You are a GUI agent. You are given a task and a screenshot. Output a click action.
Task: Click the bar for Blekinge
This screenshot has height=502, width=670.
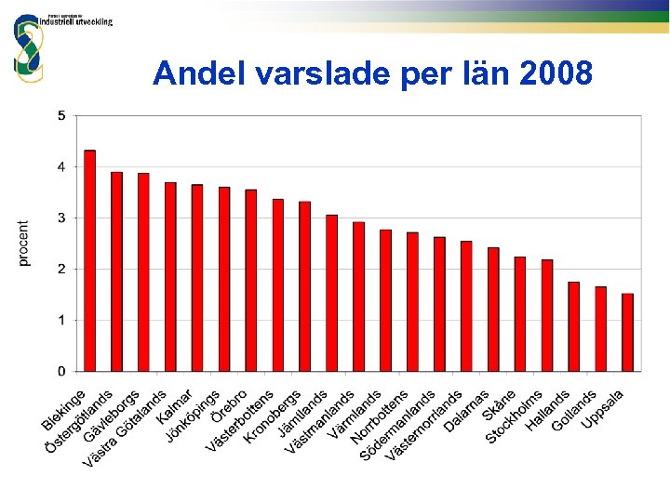tap(90, 261)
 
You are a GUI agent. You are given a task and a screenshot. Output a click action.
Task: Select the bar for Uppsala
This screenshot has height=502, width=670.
tap(628, 333)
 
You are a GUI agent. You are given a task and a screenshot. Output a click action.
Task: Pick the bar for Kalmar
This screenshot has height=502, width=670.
tap(170, 277)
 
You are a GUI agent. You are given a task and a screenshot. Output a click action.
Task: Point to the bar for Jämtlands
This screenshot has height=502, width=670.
tap(305, 286)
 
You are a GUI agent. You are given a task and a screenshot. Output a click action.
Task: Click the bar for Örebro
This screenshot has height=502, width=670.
tap(224, 280)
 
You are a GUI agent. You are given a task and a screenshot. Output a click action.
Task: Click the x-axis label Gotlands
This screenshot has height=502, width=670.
tap(574, 410)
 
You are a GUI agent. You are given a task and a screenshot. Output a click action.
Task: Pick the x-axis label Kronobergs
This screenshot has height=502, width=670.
tap(272, 416)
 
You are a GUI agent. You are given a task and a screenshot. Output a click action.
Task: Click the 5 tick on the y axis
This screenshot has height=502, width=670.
tap(61, 116)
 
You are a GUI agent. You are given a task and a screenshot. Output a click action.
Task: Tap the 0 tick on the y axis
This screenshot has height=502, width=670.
tap(61, 371)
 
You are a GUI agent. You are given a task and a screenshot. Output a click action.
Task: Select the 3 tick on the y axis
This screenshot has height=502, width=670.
tap(61, 218)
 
